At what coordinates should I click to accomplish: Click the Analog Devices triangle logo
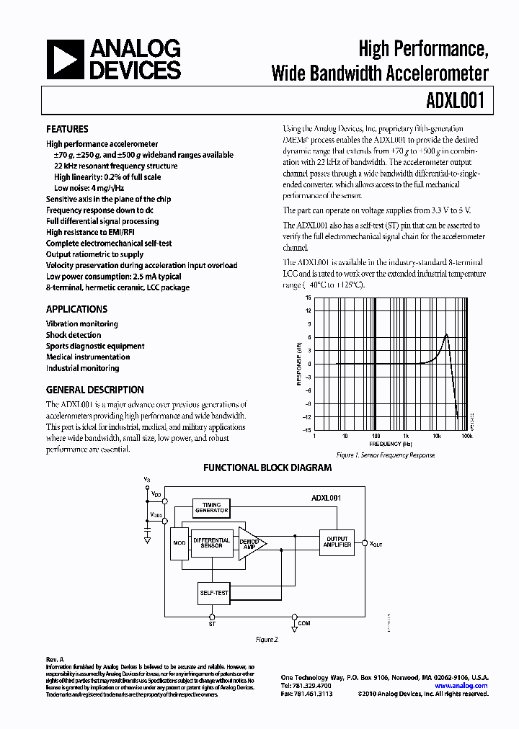coord(66,60)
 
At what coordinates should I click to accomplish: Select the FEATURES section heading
coord(67,129)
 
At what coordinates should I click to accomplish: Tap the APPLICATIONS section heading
coord(77,309)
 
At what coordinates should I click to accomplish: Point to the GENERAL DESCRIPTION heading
coord(95,390)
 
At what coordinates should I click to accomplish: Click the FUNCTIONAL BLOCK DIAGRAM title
coord(267,468)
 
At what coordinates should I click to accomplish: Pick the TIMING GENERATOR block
coord(211,508)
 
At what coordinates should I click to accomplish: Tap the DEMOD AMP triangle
coord(250,544)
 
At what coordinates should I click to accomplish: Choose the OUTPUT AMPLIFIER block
coord(337,542)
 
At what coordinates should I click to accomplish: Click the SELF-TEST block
coord(213,593)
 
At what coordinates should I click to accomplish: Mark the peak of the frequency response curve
coord(447,334)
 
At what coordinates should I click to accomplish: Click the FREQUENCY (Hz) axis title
coord(393,444)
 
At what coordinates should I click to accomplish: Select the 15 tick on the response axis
coord(308,298)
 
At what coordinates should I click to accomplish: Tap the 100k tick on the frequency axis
coord(466,437)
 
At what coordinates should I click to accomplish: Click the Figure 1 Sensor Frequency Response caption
coord(386,455)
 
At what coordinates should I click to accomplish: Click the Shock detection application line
coord(74,335)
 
